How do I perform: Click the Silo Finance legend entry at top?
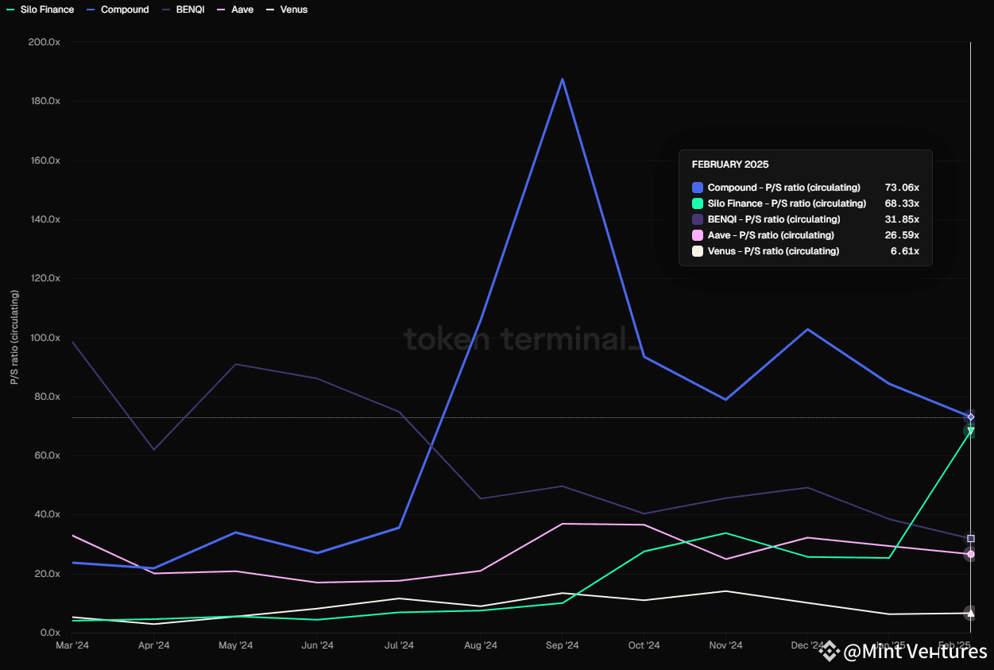(46, 10)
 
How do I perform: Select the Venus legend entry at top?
(293, 10)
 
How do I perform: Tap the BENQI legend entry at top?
(190, 10)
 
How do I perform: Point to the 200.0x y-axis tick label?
(44, 42)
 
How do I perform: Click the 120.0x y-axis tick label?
(44, 278)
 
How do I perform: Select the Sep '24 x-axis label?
(563, 645)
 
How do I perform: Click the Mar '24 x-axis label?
(72, 645)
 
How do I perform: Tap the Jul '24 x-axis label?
(399, 645)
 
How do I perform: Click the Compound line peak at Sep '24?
(563, 79)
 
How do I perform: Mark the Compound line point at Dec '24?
(808, 329)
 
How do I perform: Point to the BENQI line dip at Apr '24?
(154, 450)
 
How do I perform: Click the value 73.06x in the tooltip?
(902, 188)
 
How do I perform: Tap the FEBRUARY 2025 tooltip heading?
(730, 165)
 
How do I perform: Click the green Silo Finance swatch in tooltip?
(698, 203)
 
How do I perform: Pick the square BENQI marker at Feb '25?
(970, 539)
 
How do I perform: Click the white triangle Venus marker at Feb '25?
(970, 613)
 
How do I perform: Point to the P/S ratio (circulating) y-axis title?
(14, 338)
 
